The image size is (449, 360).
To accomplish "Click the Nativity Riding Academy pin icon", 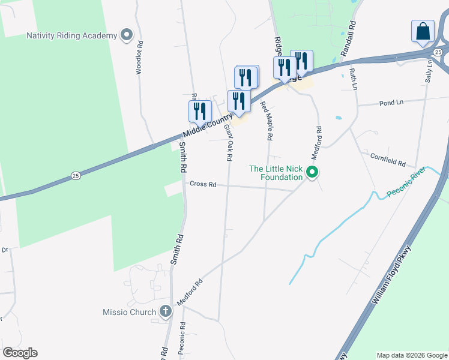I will pos(127,35).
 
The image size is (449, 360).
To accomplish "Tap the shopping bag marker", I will pos(423,31).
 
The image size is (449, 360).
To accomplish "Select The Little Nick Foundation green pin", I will pos(312,173).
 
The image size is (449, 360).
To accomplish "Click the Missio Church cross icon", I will pos(166,312).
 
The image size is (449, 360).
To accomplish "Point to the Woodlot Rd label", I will pos(139,58).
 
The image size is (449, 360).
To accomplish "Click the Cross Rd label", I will pos(203,184).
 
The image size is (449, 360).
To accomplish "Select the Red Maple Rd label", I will pos(267,121).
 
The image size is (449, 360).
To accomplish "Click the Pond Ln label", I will pos(391,103).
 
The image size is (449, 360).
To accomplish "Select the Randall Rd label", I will pos(349,40).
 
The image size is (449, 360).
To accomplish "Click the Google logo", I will pos(20,353).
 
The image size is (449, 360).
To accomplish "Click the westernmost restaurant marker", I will pos(200,111).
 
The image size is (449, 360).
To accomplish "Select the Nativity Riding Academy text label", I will pos(71,35).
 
